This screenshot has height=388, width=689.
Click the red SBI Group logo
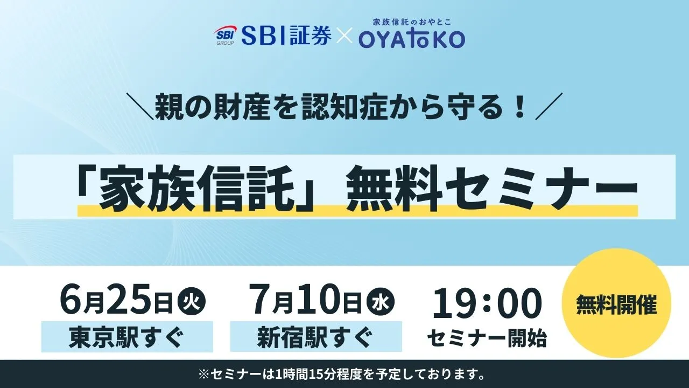224,36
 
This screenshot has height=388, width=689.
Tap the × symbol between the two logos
344,36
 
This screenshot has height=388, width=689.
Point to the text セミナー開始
487,338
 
